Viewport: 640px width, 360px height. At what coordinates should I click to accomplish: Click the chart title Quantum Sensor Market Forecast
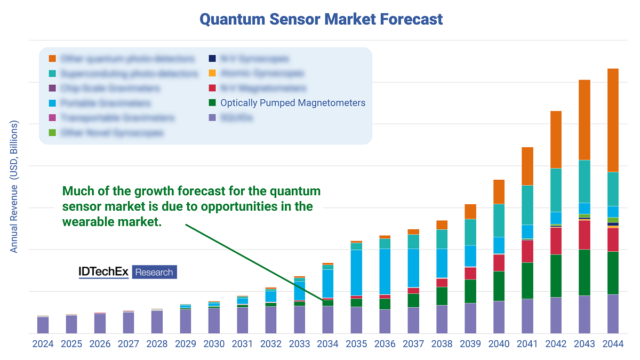coord(321,20)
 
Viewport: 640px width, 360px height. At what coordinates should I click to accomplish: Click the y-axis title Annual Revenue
coord(14,187)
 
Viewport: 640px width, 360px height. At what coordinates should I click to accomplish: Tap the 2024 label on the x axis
coord(43,345)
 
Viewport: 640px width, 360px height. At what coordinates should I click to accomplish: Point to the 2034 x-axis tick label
coord(328,345)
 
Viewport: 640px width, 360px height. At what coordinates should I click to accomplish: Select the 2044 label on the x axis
coord(613,345)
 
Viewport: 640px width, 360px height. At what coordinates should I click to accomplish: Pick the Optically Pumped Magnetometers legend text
coord(293,103)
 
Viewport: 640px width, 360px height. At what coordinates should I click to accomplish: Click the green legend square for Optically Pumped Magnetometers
coord(212,103)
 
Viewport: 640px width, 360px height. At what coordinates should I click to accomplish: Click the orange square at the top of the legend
coord(52,58)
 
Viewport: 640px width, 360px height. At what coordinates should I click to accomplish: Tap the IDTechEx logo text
coord(103,272)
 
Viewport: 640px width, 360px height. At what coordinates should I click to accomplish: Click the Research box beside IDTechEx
coord(154,272)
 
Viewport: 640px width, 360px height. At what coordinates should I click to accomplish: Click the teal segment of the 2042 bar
coord(556,190)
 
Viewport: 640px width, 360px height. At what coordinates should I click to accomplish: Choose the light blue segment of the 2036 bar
coord(385,271)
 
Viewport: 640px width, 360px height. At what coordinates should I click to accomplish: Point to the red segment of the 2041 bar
coord(527,251)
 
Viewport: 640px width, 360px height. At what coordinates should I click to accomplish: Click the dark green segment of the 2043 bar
coord(585,272)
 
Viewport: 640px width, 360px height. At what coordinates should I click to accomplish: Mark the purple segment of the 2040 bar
coord(499,317)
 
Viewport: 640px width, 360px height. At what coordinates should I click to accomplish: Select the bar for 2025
coord(71,324)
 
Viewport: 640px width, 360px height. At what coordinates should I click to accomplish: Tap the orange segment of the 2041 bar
coord(527,166)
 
